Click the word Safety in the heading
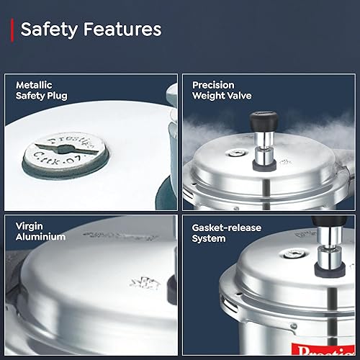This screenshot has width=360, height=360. (50, 30)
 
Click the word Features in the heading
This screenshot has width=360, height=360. (122, 30)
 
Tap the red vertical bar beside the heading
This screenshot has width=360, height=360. (12, 30)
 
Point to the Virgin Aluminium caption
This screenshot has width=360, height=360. (41, 231)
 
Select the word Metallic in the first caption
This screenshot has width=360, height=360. (34, 85)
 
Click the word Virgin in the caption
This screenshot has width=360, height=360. (30, 226)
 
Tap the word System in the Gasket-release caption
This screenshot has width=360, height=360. (209, 238)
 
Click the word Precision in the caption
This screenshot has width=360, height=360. (214, 85)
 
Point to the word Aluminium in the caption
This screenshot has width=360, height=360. (41, 237)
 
